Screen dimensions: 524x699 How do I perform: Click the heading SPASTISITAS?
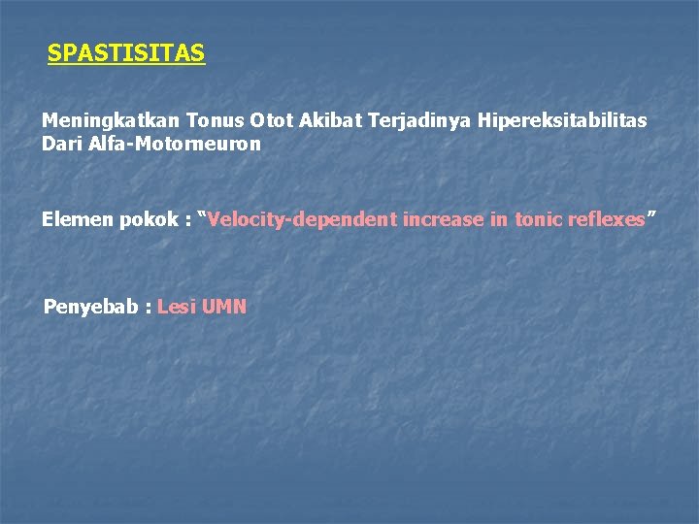click(126, 53)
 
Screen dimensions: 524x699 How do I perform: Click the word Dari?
click(61, 144)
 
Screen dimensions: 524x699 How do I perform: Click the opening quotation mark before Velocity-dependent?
click(202, 215)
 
